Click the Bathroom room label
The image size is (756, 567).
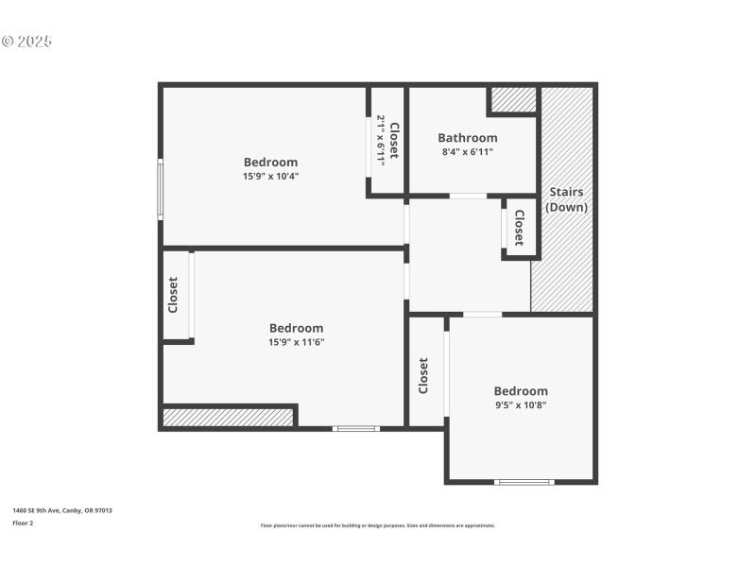(467, 138)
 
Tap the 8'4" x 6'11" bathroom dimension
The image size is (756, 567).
(467, 152)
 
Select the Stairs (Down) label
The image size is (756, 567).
(567, 199)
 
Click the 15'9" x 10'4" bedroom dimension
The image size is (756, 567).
(270, 176)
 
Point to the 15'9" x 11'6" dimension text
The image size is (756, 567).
(296, 342)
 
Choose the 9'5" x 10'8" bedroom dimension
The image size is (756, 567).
(521, 404)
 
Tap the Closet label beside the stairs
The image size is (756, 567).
(519, 227)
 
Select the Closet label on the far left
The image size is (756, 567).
(173, 295)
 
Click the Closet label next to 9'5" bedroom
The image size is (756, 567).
(423, 375)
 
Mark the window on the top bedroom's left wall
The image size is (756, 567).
(161, 189)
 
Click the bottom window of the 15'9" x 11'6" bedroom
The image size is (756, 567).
(355, 429)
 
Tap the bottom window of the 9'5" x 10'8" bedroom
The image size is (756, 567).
(524, 482)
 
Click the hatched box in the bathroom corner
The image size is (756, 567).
(513, 99)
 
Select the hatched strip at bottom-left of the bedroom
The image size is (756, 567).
(228, 417)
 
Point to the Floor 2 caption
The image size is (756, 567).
(23, 523)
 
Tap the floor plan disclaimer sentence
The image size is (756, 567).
(377, 525)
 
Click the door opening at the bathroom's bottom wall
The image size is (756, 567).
(468, 196)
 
